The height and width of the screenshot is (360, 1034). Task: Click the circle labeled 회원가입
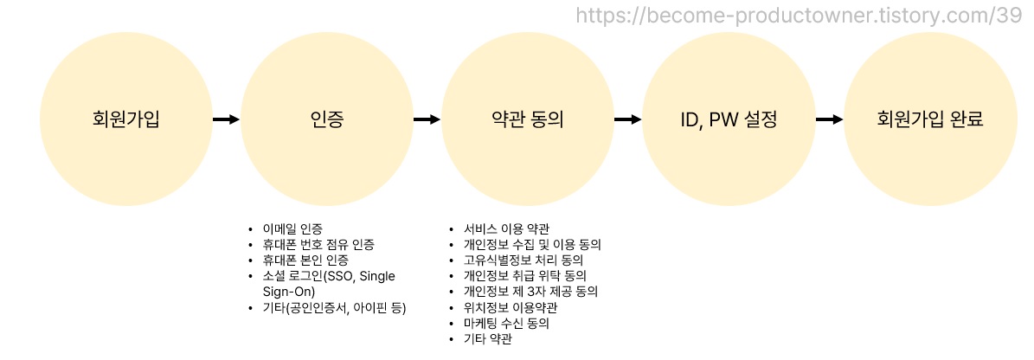click(x=125, y=119)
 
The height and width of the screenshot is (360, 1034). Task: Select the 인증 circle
click(x=326, y=119)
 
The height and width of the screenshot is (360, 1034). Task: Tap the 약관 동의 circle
click(x=527, y=119)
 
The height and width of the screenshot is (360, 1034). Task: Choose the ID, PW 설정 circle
click(x=729, y=119)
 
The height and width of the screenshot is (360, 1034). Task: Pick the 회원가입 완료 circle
click(x=929, y=119)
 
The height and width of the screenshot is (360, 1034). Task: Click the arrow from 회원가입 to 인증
click(x=226, y=119)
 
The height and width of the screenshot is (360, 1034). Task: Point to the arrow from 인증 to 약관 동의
click(x=427, y=119)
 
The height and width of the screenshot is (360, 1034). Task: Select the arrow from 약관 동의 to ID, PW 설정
click(x=627, y=119)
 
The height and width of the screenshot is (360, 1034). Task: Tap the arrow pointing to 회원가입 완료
click(x=829, y=119)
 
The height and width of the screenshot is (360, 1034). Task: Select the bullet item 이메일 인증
click(x=292, y=229)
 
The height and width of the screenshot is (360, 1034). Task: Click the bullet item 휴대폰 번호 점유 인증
click(x=318, y=245)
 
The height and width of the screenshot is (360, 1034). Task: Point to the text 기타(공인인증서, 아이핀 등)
click(x=334, y=307)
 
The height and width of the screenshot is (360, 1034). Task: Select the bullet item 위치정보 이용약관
click(x=511, y=307)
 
